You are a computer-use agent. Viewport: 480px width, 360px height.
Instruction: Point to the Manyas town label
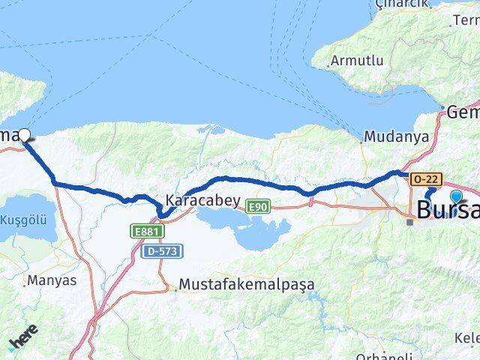(x=52, y=281)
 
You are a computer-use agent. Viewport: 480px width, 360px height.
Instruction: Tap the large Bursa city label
(x=448, y=209)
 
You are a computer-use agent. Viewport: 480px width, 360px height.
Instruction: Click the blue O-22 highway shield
(x=424, y=178)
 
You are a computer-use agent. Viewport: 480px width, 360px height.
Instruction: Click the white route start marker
(x=25, y=136)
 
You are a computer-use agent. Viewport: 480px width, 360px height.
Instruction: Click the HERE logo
(x=23, y=341)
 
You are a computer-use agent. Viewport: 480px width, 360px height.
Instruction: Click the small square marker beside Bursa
(x=410, y=222)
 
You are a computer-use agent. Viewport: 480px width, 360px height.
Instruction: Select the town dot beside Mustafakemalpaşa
(x=177, y=286)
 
